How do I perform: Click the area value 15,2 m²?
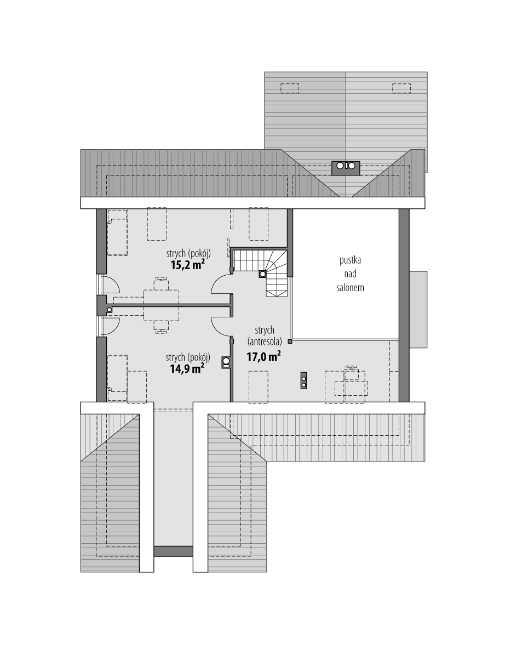187,265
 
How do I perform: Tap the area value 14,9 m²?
187,368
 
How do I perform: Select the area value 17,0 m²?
263,356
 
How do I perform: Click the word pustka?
350,260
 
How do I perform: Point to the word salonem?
350,288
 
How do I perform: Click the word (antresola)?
265,341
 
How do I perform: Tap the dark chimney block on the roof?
346,168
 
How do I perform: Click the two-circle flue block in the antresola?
303,380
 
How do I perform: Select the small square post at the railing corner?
290,341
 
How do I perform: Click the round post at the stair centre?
262,274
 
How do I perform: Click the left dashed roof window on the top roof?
290,88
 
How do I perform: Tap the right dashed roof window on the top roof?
401,88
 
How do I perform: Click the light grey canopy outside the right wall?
418,310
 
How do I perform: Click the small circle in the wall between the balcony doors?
109,310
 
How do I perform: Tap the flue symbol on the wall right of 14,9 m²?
226,362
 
